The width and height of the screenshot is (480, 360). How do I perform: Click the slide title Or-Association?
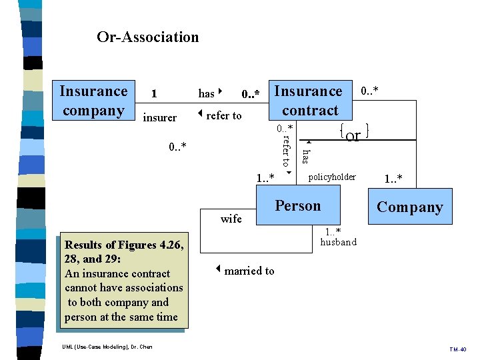coord(147,37)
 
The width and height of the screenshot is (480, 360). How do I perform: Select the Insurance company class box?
coord(93,101)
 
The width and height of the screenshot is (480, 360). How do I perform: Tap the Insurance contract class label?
coord(309,101)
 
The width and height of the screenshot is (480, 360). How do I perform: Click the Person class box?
coord(298,206)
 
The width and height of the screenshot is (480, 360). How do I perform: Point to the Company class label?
coord(409,207)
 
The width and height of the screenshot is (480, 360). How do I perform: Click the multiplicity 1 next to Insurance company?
coord(154,94)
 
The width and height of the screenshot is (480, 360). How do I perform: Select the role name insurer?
coord(160,118)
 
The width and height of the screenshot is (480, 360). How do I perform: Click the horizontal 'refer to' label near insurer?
coord(221,115)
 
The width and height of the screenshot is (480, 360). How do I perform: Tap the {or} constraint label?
coord(353,133)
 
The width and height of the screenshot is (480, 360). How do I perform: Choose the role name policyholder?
coord(332,177)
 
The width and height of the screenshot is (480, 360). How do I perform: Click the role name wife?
coord(231,219)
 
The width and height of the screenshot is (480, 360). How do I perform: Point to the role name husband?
coord(338,242)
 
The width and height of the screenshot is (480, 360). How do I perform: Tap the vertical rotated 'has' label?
coord(305,155)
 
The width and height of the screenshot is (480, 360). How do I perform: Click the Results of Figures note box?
coord(123,280)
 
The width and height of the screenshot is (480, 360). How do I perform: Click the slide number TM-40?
coord(457,349)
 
